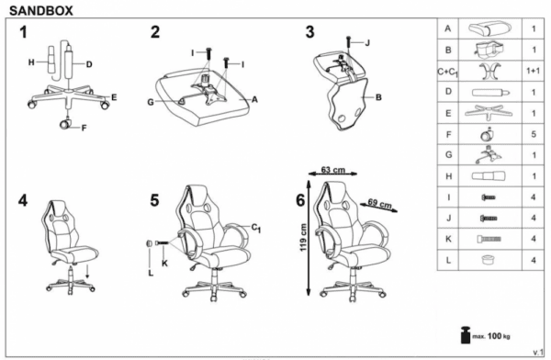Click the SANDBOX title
click(41, 10)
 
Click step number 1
click(23, 32)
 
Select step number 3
click(309, 32)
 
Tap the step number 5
click(154, 201)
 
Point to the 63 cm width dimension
click(332, 170)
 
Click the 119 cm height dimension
click(303, 237)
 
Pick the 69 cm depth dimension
click(379, 204)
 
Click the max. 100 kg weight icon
click(466, 335)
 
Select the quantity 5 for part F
click(534, 134)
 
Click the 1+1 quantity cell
click(533, 71)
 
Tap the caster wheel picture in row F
click(488, 133)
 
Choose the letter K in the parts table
click(448, 239)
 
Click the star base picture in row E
click(489, 112)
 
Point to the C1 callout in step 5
click(256, 228)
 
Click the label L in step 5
click(151, 273)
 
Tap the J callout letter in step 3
click(367, 43)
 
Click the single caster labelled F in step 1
click(65, 123)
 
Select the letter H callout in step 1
click(31, 62)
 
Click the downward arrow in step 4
click(87, 272)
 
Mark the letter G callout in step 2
click(151, 102)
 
